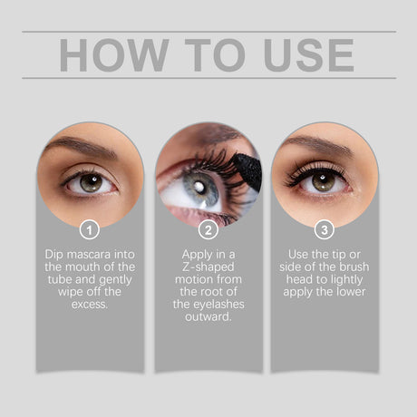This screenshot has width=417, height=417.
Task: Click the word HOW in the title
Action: [102, 54]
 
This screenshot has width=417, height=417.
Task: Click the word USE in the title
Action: [306, 54]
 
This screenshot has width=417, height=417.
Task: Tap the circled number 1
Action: [90, 229]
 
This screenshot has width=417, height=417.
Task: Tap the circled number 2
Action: [208, 229]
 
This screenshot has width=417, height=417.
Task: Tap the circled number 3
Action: [325, 229]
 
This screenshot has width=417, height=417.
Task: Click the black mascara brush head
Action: [245, 169]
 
